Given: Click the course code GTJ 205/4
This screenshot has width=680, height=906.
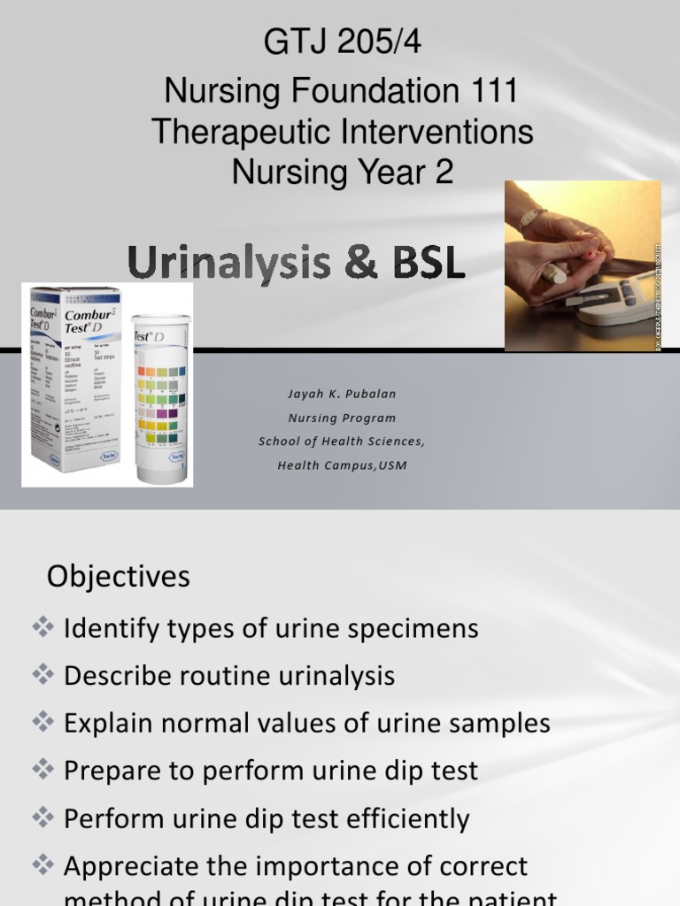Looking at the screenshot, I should point(342,42).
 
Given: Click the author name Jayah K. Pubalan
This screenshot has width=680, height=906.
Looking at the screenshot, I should point(341,394).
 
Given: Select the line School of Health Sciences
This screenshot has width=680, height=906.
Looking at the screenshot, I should point(341,441).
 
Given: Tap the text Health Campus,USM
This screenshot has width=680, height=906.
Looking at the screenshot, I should point(341,465).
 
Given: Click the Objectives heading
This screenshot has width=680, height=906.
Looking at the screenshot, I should point(119,577).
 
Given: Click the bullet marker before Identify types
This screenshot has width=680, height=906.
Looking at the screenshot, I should point(42,628).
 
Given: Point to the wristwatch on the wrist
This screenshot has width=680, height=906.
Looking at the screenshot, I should point(532,218).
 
